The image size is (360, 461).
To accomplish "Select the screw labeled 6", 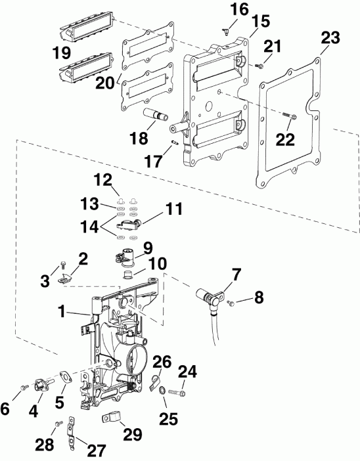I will (x=24, y=387).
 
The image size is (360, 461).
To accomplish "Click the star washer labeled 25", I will (x=161, y=393).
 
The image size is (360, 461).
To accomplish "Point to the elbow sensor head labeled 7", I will (x=212, y=295).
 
